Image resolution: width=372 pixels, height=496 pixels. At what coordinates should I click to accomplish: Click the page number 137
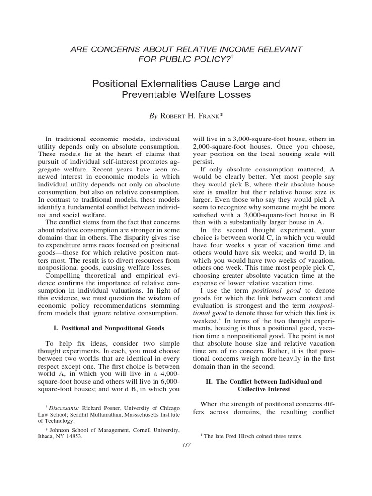pyautogui.click(x=186, y=445)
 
